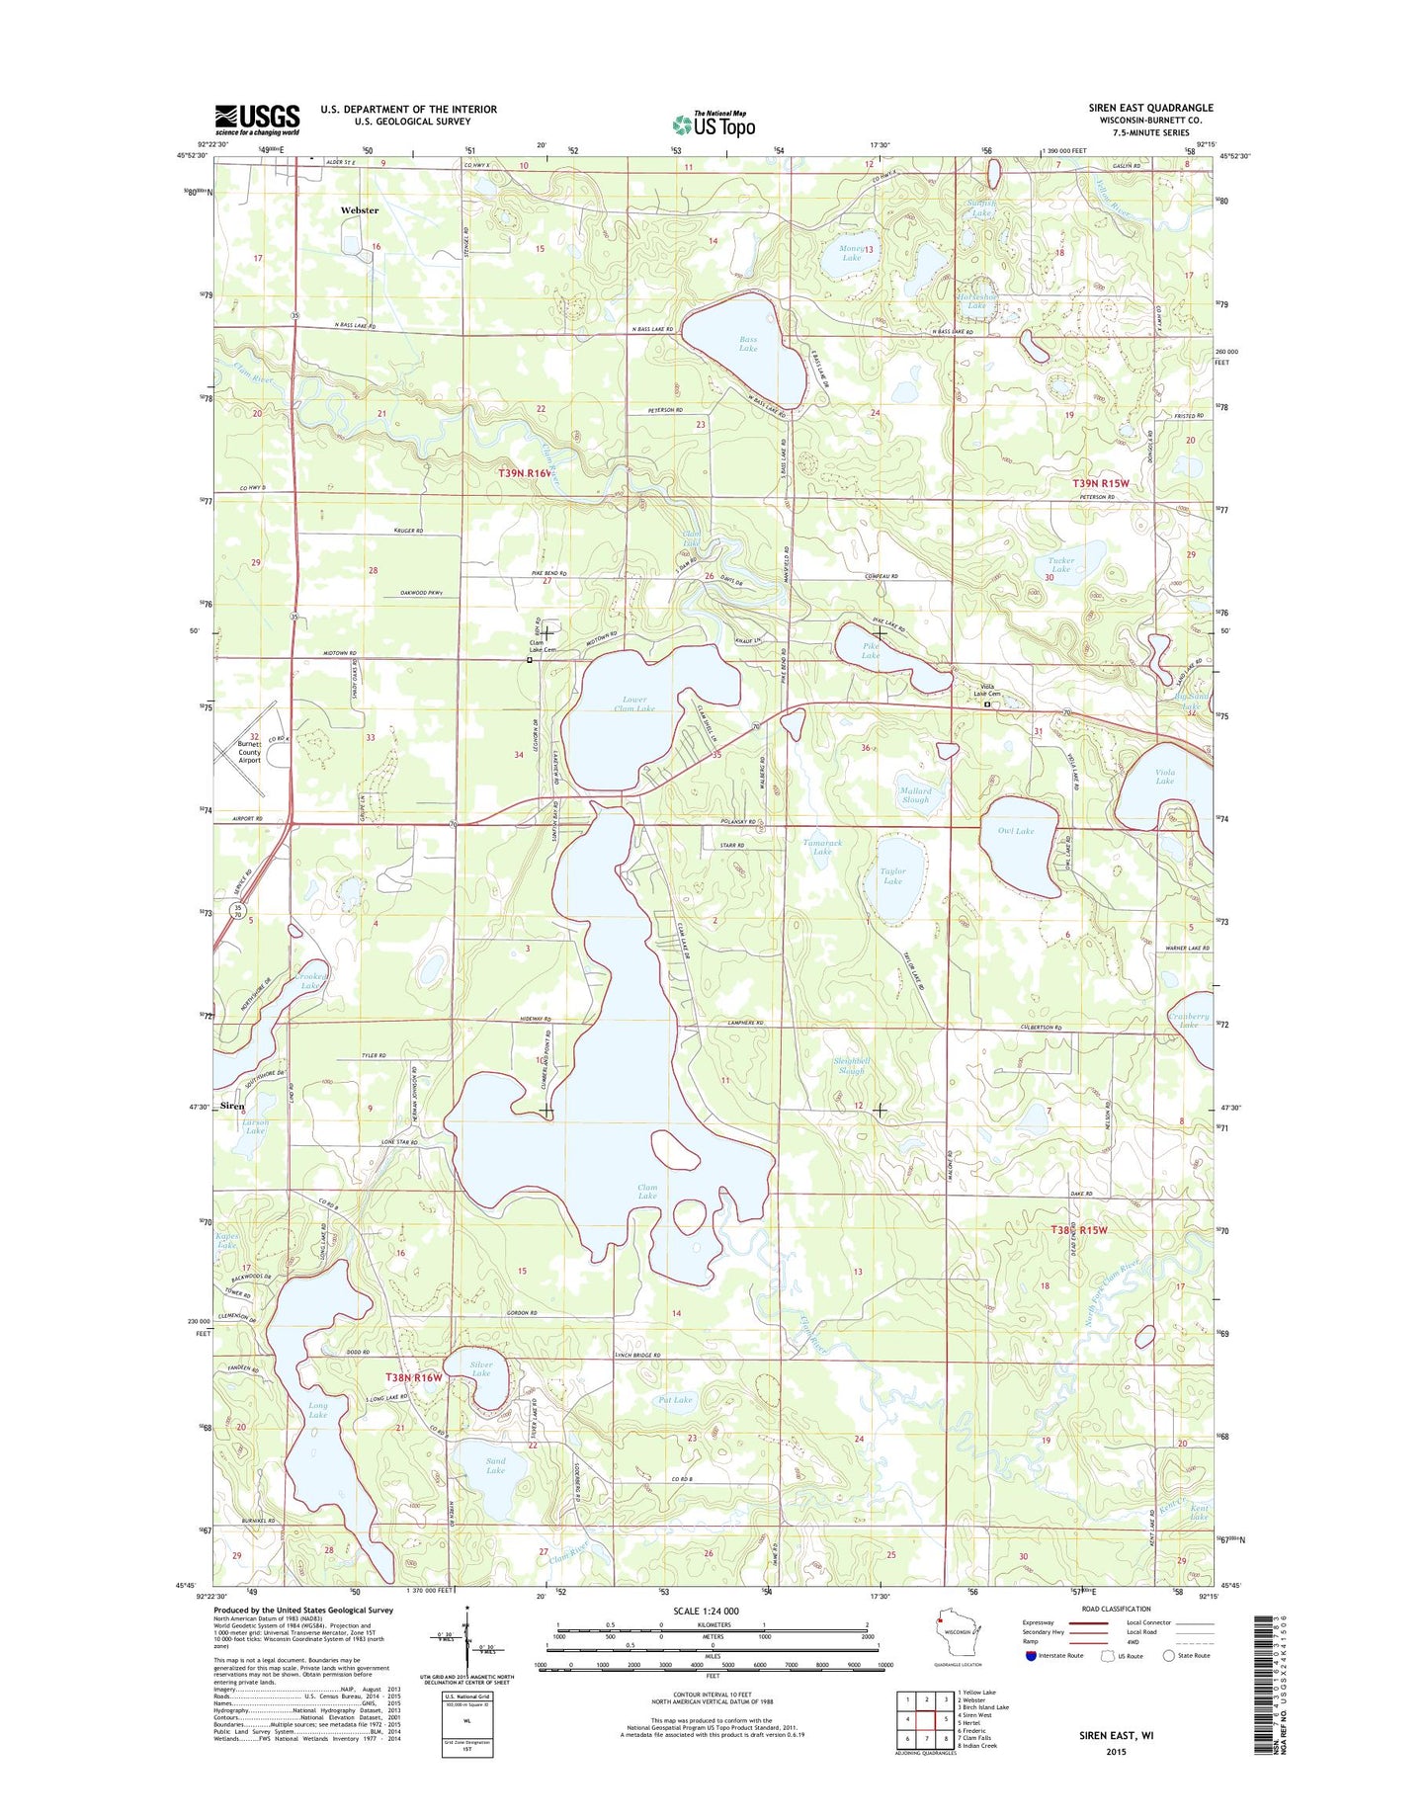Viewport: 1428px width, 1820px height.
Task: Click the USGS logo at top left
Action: pyautogui.click(x=257, y=120)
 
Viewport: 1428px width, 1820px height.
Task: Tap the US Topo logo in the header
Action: pyautogui.click(x=714, y=124)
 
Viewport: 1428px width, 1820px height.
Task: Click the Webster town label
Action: pyautogui.click(x=359, y=210)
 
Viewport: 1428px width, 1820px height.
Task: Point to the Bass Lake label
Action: pyautogui.click(x=748, y=343)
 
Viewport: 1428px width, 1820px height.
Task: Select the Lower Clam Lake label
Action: pyautogui.click(x=633, y=704)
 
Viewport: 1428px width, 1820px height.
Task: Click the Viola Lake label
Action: pyautogui.click(x=1164, y=777)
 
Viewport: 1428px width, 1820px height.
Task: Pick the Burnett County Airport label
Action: pyautogui.click(x=249, y=752)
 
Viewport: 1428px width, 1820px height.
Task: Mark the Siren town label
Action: pyautogui.click(x=232, y=1106)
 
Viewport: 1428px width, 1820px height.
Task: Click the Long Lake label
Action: pyautogui.click(x=317, y=1410)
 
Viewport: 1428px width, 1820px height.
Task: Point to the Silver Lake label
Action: pyautogui.click(x=481, y=1369)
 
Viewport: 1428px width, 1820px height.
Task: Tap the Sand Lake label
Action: pyautogui.click(x=495, y=1465)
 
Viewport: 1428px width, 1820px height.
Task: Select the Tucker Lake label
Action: pyautogui.click(x=1060, y=564)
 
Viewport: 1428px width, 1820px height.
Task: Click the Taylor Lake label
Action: pyautogui.click(x=892, y=875)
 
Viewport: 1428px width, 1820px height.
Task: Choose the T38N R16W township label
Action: pyautogui.click(x=413, y=1376)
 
